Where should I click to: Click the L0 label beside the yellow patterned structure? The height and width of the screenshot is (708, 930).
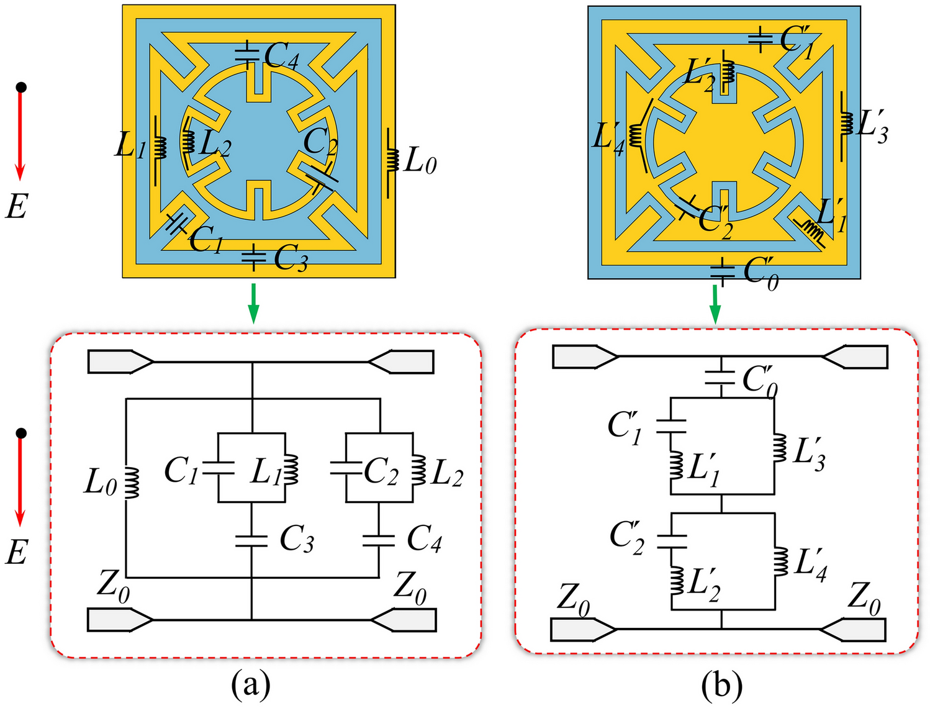420,161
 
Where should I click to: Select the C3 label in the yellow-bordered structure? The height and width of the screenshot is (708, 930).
291,258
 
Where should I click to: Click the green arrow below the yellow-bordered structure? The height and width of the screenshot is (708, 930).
253,303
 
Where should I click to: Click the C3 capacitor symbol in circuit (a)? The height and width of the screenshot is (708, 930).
251,541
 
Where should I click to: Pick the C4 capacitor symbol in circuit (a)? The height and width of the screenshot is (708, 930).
379,540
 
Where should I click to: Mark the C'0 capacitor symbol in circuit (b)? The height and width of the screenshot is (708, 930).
721,378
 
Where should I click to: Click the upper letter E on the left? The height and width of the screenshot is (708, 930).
16,206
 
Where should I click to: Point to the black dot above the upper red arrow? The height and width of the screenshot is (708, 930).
21,88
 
